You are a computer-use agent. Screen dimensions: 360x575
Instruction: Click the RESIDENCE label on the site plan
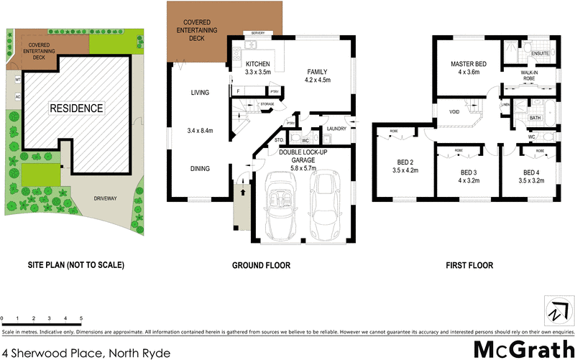(76, 109)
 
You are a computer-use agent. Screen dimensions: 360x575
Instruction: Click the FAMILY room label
(318, 72)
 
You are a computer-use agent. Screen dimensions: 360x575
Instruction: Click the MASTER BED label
(469, 65)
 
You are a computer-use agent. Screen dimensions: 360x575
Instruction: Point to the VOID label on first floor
(454, 112)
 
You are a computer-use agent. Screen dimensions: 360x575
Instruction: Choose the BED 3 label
(469, 172)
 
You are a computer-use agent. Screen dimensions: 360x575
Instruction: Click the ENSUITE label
(540, 54)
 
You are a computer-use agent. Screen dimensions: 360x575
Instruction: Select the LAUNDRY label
(336, 129)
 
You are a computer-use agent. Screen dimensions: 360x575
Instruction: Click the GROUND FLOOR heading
(261, 265)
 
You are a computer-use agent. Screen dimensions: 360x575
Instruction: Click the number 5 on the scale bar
(81, 318)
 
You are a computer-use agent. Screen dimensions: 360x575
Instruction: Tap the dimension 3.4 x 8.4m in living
(201, 130)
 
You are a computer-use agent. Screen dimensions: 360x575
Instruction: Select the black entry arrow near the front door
(242, 192)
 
